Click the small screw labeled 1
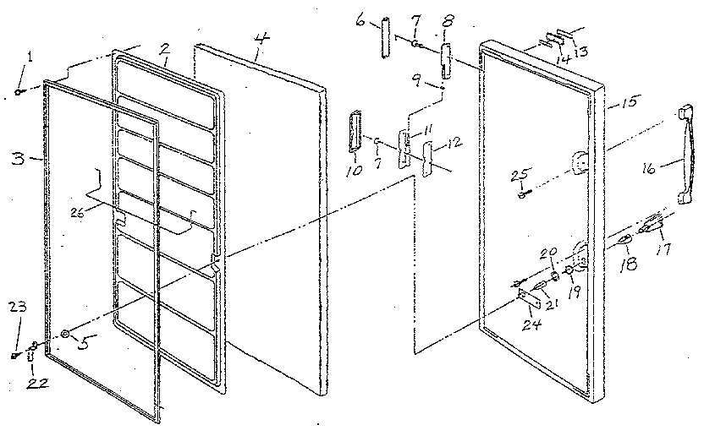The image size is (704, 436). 18,91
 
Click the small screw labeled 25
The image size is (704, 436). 521,195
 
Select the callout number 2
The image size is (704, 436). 167,47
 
